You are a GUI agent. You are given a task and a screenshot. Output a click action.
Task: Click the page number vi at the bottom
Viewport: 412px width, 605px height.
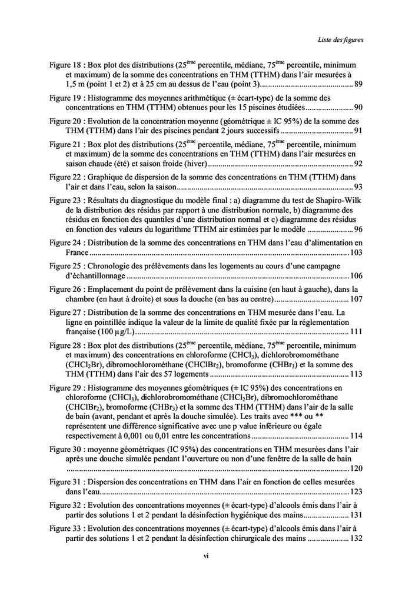coord(206,554)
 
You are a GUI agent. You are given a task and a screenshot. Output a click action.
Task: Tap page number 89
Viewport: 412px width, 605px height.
coord(358,86)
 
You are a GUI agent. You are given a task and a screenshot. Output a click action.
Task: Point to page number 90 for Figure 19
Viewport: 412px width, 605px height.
coord(358,108)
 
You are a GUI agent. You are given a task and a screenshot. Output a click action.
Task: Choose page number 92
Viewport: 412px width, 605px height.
coord(358,164)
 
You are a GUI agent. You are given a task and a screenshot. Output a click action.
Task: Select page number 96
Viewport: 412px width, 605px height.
coord(358,230)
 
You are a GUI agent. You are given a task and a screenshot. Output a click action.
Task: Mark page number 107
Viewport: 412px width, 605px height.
coord(355,298)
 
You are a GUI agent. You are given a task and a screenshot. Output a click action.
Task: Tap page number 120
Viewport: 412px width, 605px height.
coord(355,469)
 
